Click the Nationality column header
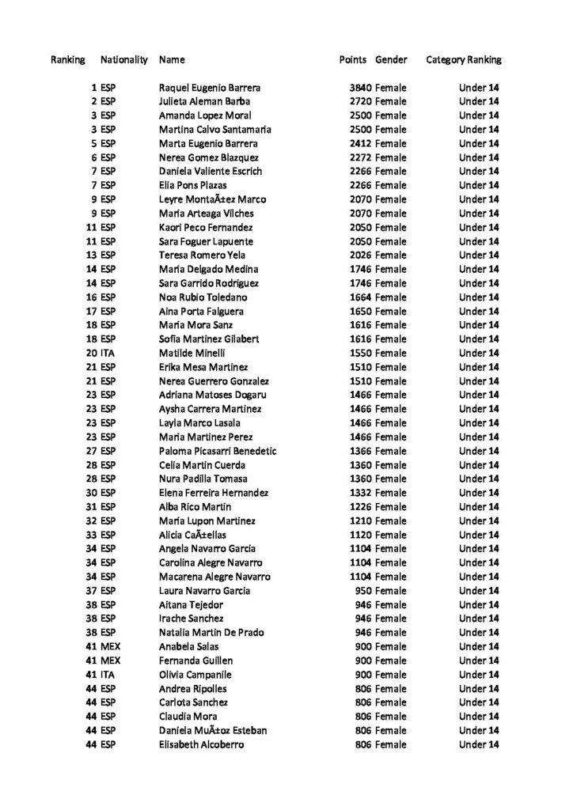click(x=124, y=60)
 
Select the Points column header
click(x=352, y=60)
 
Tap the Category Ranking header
click(x=464, y=60)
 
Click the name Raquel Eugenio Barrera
click(x=210, y=88)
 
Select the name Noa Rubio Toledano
click(x=203, y=297)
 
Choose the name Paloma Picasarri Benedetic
click(x=218, y=451)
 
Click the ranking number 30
click(x=91, y=493)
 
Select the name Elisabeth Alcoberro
click(x=202, y=745)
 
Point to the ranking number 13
click(x=91, y=255)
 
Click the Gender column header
click(x=391, y=60)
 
